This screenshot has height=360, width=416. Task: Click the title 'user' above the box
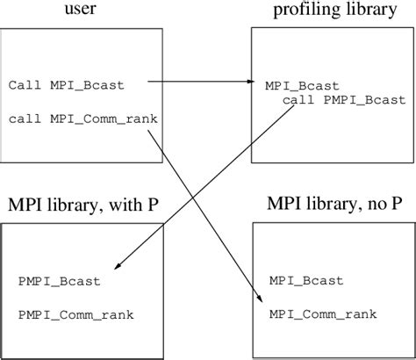(x=80, y=10)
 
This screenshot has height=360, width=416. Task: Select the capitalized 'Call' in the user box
(x=22, y=86)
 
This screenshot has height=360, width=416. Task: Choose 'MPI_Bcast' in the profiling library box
(x=297, y=86)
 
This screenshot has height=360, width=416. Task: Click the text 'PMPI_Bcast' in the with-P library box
(x=59, y=281)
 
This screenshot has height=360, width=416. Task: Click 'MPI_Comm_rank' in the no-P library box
(x=323, y=313)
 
